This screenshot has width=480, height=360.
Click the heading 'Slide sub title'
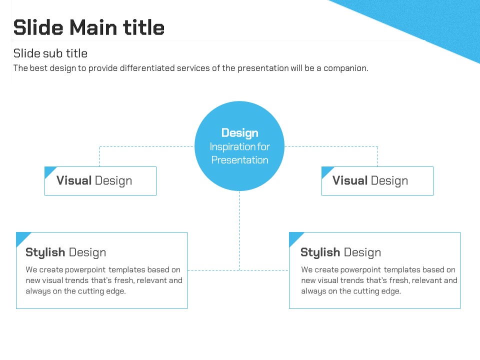pos(50,53)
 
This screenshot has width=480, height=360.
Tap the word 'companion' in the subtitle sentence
pos(345,68)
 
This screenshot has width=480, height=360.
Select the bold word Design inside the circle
pos(239,133)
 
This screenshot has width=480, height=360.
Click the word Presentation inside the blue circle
pos(239,160)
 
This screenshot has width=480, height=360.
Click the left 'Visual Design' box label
pos(94,181)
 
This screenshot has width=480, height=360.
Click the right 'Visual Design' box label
pos(370,181)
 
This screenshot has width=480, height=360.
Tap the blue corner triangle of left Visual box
pos(49,171)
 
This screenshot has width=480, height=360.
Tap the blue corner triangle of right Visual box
pos(325,171)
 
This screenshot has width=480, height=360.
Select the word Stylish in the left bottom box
pos(45,252)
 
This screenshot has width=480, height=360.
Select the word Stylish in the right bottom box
pos(320,252)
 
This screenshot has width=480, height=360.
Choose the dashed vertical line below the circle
pos(239,230)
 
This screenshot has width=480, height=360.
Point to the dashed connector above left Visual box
pos(99,156)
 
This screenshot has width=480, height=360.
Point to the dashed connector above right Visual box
pos(377,156)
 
